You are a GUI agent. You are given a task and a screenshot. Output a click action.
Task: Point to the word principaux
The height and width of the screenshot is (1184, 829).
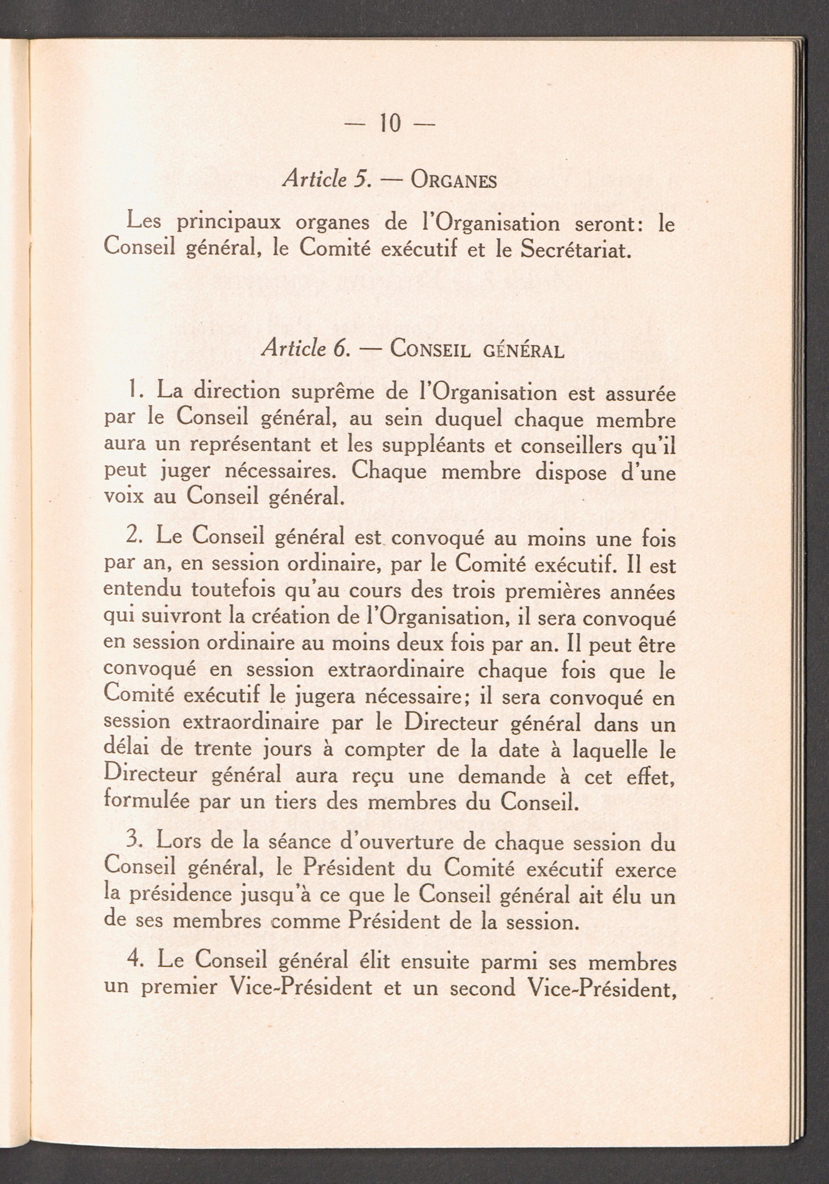[229, 223]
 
